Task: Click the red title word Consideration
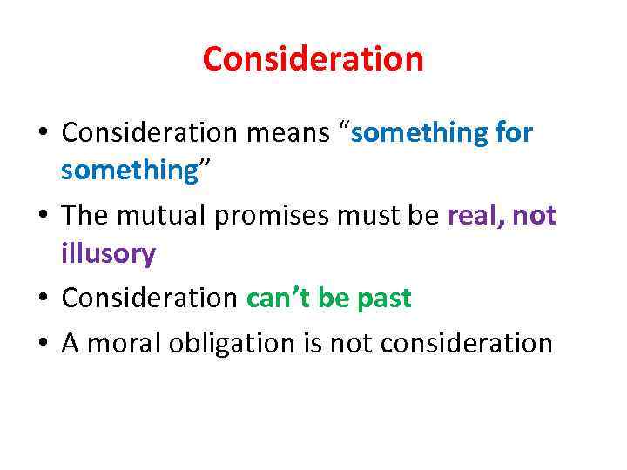[313, 59]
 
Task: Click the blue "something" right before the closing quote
[130, 171]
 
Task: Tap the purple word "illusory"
[108, 254]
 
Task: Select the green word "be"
[333, 299]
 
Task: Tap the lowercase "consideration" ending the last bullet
[464, 343]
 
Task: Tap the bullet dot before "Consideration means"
[44, 135]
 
